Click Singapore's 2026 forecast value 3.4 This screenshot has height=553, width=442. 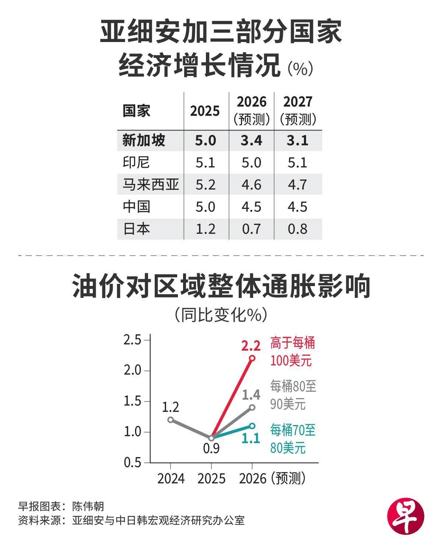click(252, 140)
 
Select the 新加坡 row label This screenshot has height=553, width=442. click(144, 140)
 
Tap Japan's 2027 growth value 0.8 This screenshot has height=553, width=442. click(297, 229)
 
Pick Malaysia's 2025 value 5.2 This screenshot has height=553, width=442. click(205, 185)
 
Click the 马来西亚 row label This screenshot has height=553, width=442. click(151, 185)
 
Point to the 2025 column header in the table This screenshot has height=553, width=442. click(205, 111)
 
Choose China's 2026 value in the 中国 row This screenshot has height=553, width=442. click(252, 207)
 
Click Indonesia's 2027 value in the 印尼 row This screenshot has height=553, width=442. click(297, 163)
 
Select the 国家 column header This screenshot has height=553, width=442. click(136, 111)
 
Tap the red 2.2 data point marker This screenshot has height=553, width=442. click(252, 358)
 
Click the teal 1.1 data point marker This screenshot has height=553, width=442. click(252, 426)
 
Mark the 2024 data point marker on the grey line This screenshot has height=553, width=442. click(170, 420)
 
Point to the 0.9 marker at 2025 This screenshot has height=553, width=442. click(211, 438)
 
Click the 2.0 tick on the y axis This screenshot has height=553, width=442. click(133, 370)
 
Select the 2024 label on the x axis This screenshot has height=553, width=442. click(171, 479)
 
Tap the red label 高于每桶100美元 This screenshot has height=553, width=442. click(292, 352)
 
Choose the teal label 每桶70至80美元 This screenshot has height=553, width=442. click(292, 439)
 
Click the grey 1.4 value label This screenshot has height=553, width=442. click(251, 395)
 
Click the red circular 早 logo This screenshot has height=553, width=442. click(406, 517)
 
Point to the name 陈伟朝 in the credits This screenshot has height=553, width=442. click(88, 506)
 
